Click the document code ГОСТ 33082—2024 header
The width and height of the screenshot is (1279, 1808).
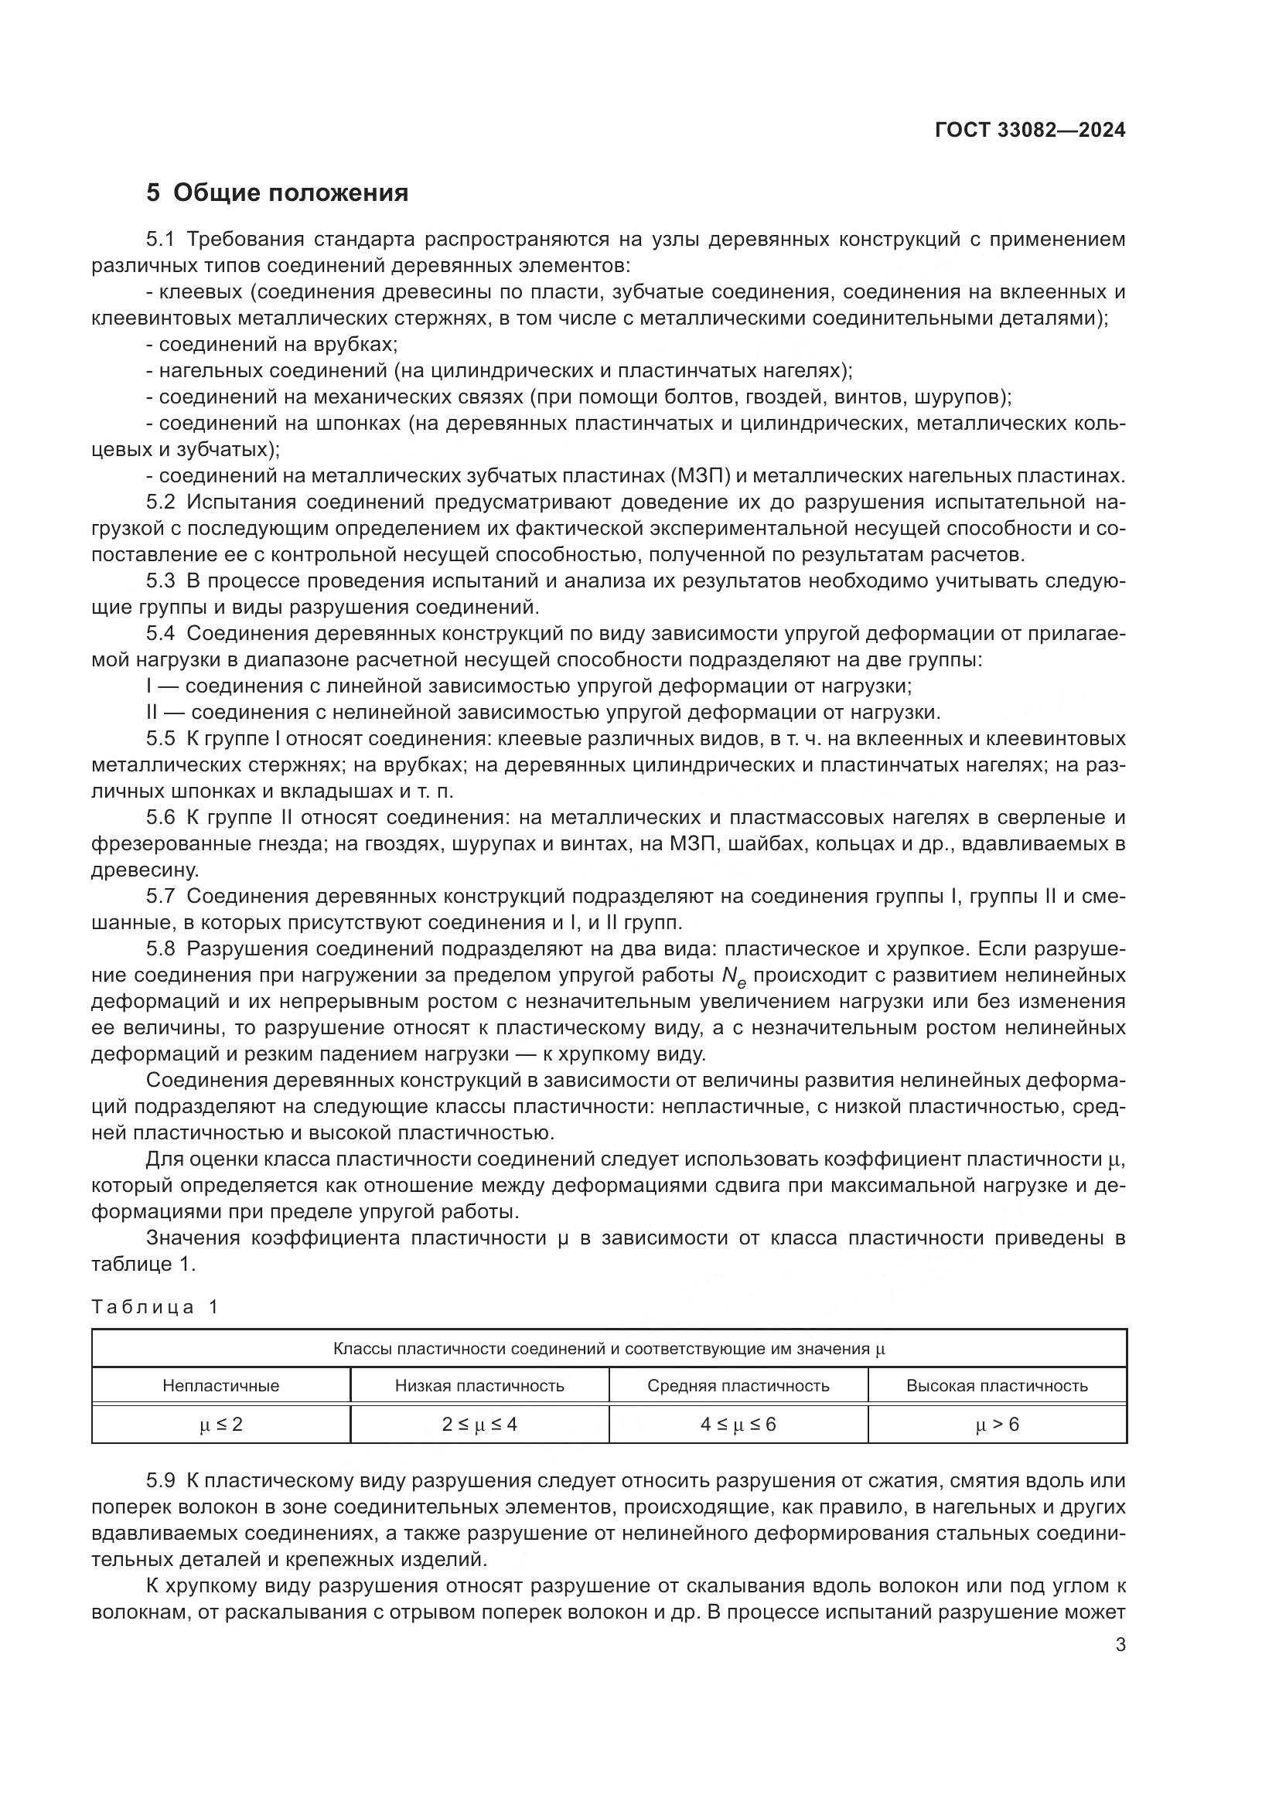pyautogui.click(x=1029, y=131)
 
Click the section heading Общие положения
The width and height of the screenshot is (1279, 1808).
pyautogui.click(x=291, y=193)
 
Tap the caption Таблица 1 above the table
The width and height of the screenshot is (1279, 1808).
pyautogui.click(x=155, y=1307)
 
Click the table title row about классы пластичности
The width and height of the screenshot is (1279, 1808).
pyautogui.click(x=608, y=1349)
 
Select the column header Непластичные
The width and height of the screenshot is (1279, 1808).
pyautogui.click(x=220, y=1386)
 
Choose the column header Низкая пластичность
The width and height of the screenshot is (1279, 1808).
pyautogui.click(x=479, y=1386)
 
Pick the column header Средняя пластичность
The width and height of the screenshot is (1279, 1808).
pyautogui.click(x=738, y=1386)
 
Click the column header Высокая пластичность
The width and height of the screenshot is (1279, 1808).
pyautogui.click(x=996, y=1386)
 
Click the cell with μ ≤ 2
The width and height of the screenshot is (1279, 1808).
pyautogui.click(x=220, y=1425)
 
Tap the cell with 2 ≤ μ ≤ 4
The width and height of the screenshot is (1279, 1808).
pyautogui.click(x=479, y=1425)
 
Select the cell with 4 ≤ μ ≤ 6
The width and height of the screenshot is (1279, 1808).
pyautogui.click(x=738, y=1425)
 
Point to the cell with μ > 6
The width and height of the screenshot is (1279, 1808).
pyautogui.click(x=996, y=1425)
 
